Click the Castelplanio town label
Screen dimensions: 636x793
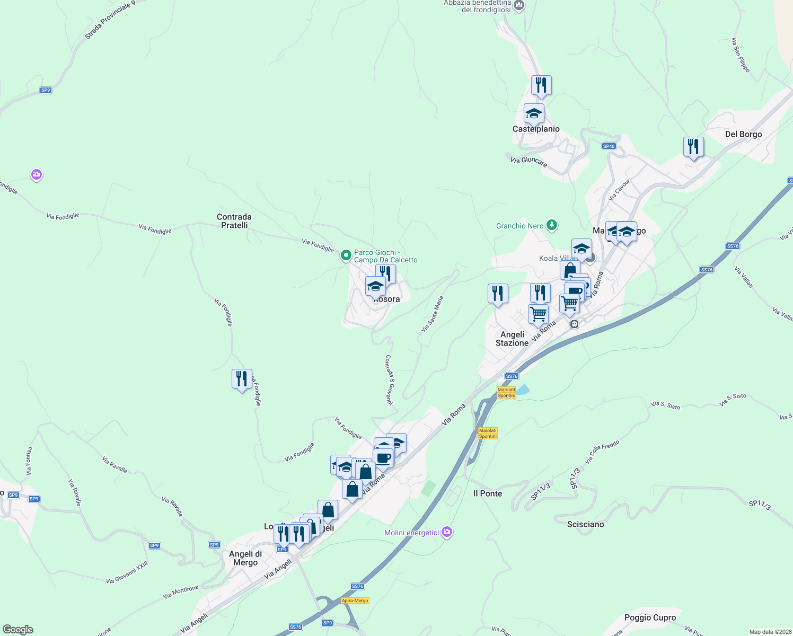point(536,129)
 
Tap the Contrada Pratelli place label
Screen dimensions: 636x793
point(234,221)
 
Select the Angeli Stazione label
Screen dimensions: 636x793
point(512,339)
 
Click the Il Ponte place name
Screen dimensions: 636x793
point(488,493)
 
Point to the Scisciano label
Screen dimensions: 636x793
point(585,524)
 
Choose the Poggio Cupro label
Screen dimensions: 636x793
point(650,617)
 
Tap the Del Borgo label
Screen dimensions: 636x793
point(743,134)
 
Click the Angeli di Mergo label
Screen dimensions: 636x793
point(245,558)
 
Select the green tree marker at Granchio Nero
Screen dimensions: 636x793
point(552,225)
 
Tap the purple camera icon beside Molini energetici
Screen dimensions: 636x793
point(447,532)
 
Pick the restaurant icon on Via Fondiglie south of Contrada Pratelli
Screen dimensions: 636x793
point(242,379)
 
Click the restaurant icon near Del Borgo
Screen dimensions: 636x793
point(693,147)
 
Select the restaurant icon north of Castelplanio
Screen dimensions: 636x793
point(541,85)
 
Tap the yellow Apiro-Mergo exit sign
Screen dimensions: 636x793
point(355,600)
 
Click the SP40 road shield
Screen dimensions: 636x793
point(609,146)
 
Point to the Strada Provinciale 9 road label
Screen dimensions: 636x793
point(110,20)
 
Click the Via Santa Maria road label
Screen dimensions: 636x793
point(432,314)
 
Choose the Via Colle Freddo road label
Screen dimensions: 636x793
point(602,452)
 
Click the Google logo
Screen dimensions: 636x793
point(18,630)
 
